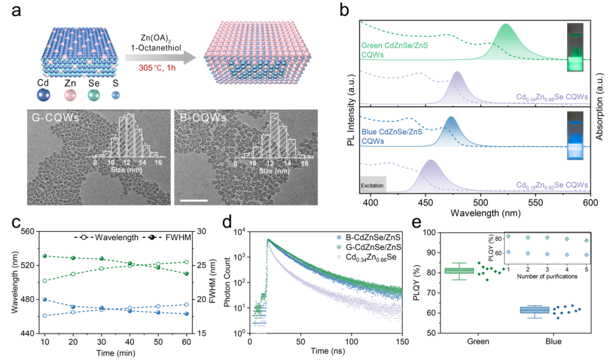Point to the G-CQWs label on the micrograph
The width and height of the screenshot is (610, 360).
51,119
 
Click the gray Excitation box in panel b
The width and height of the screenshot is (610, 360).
373,184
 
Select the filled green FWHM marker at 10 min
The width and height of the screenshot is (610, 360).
45,256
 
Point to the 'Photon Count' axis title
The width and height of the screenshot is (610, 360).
230,283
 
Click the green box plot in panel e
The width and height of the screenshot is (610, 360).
459,271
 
